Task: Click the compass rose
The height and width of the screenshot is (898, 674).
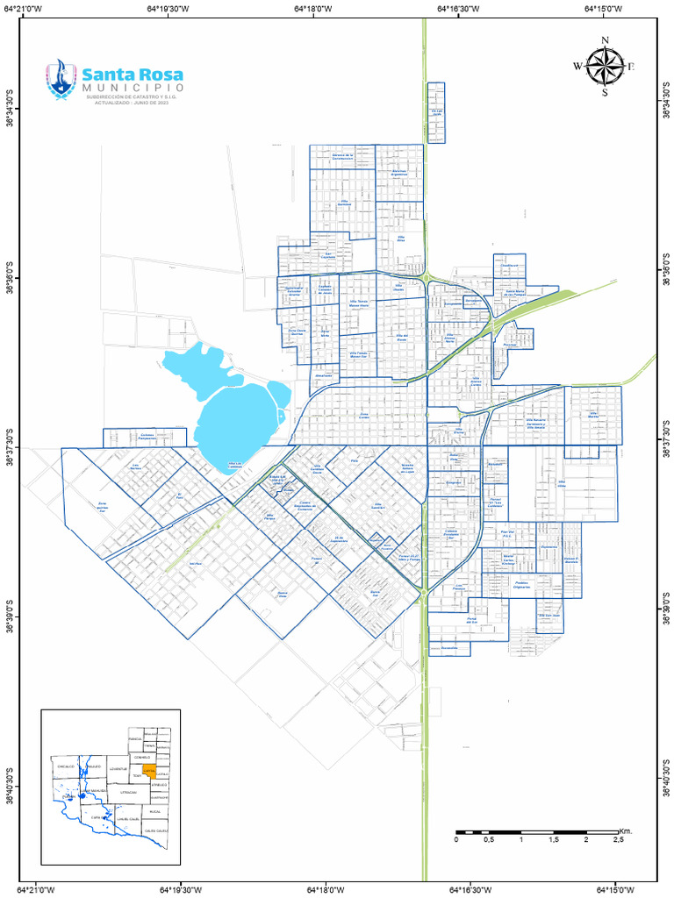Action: pyautogui.click(x=605, y=66)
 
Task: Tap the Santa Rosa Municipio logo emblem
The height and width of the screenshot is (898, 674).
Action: pyautogui.click(x=61, y=79)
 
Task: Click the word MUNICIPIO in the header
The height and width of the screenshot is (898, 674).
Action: pyautogui.click(x=133, y=89)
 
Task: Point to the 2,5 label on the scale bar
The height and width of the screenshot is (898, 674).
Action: pyautogui.click(x=618, y=840)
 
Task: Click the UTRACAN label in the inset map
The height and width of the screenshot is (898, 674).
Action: pyautogui.click(x=128, y=792)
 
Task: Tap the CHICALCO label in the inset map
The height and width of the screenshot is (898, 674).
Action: pyautogui.click(x=66, y=766)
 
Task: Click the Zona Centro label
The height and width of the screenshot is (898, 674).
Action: pyautogui.click(x=364, y=416)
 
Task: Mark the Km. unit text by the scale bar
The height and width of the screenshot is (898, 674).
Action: pyautogui.click(x=626, y=830)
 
